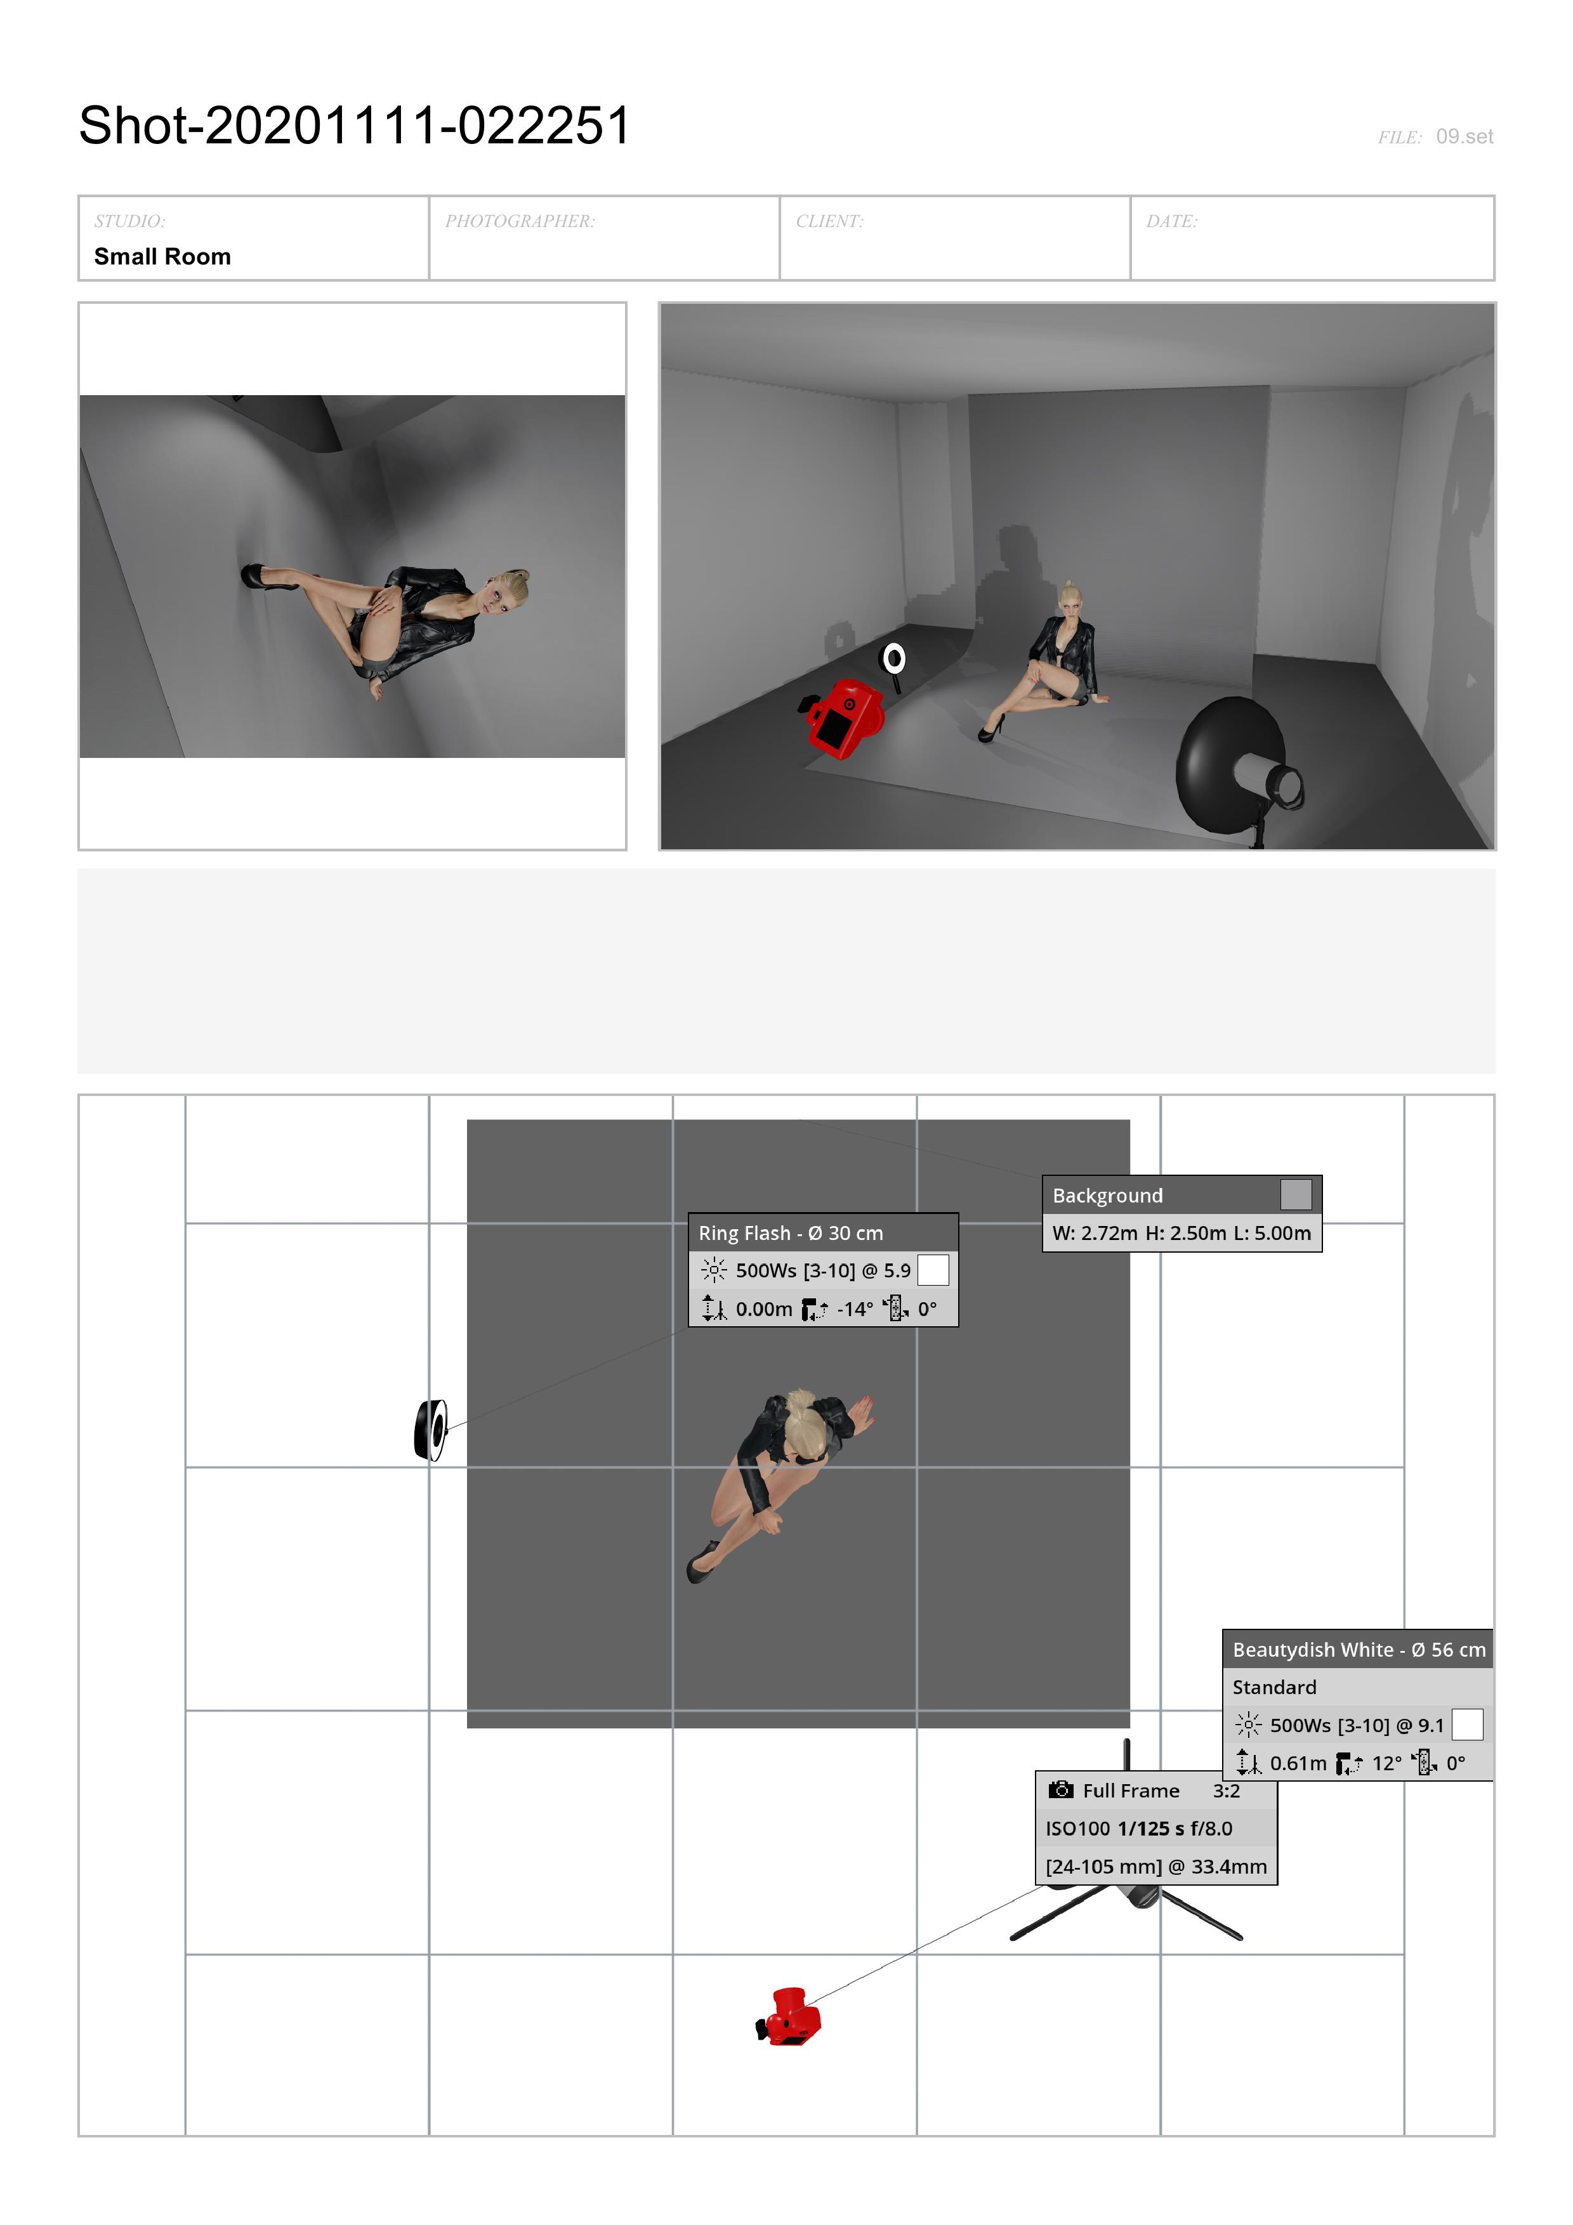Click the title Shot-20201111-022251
(x=355, y=126)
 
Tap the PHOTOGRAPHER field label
(x=520, y=221)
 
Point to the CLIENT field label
(x=829, y=221)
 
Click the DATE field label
(x=1172, y=221)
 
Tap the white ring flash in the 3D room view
(x=893, y=660)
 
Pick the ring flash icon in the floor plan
(x=430, y=1430)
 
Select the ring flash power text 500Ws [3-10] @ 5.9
(x=823, y=1270)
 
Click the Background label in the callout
(x=1108, y=1196)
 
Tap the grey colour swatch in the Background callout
(x=1296, y=1195)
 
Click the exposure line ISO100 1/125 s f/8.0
(x=1139, y=1829)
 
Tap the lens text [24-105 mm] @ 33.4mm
(x=1156, y=1867)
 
